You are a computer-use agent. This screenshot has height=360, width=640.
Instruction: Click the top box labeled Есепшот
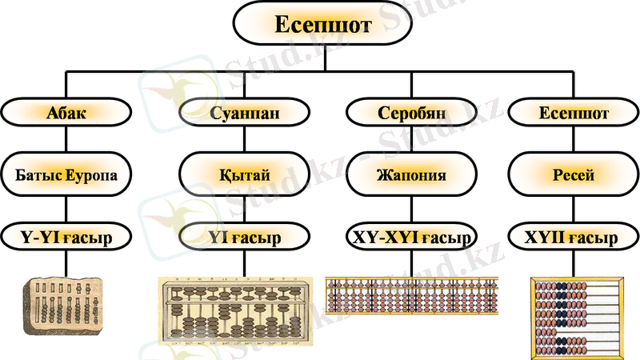pos(322,25)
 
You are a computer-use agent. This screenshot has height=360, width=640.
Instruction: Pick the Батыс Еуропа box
pos(66,174)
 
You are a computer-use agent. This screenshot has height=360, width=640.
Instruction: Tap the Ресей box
pos(574,174)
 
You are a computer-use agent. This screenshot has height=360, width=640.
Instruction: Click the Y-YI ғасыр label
pos(66,238)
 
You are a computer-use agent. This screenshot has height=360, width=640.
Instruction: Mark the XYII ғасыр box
pos(574,238)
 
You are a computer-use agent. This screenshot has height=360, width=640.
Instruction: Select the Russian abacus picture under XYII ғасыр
pos(578,317)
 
